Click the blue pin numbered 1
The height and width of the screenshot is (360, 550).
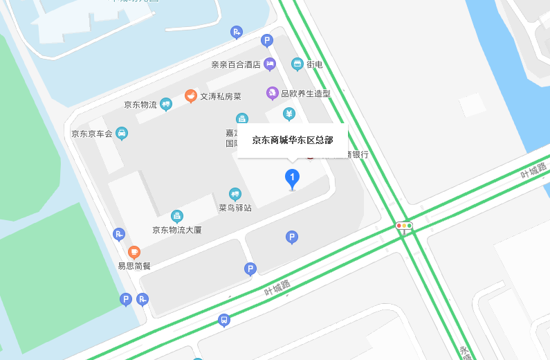point(293,179)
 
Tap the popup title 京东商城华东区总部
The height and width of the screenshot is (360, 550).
point(293,140)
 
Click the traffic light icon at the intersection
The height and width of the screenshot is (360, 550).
point(404,226)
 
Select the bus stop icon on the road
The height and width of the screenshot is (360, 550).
point(223,321)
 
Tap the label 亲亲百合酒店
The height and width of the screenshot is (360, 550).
point(235,64)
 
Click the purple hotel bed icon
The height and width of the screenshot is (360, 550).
point(270,64)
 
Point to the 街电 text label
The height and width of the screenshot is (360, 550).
point(315,64)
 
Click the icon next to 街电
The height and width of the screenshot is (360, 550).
point(297,64)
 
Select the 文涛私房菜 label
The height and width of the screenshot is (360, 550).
point(221,97)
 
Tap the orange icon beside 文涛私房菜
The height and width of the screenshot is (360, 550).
point(191,96)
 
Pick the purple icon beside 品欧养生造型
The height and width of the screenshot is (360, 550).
point(273,93)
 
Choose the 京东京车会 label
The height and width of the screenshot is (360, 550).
point(92,133)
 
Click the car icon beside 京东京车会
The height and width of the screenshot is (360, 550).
point(122,133)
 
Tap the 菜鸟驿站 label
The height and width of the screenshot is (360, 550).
point(235,207)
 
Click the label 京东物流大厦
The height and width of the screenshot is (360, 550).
point(177,230)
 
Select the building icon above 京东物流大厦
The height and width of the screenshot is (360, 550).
point(177,216)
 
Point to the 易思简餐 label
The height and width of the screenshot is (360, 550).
point(134,266)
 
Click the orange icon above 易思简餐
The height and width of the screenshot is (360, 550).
point(134,252)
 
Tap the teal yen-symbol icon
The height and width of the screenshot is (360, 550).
point(289,114)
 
